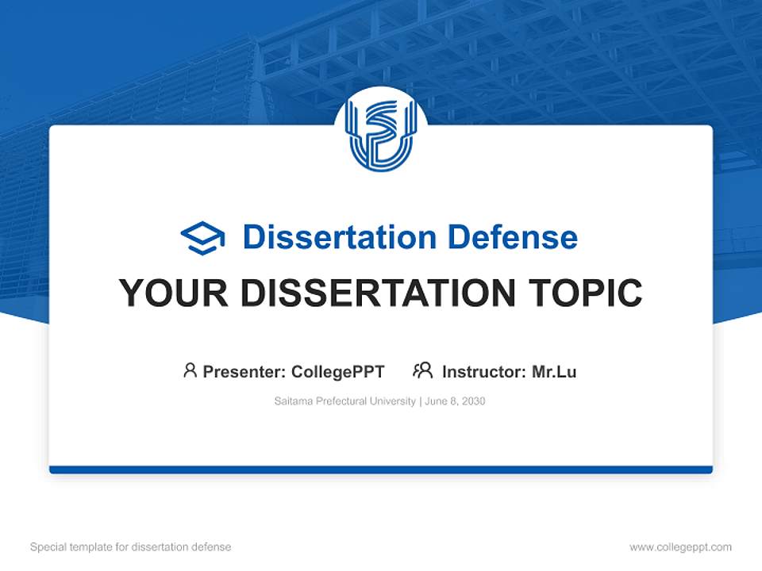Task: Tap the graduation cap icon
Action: click(x=202, y=238)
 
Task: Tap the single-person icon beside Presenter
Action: click(x=190, y=370)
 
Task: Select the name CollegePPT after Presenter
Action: click(x=338, y=371)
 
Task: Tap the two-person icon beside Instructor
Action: click(x=423, y=370)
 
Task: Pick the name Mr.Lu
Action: click(x=554, y=371)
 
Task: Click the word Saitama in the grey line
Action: click(x=292, y=401)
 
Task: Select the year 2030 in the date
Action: click(x=473, y=401)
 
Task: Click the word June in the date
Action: click(x=436, y=401)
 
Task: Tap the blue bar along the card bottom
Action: click(x=381, y=469)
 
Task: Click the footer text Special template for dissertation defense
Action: click(x=131, y=547)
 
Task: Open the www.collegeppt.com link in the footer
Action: click(x=680, y=547)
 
